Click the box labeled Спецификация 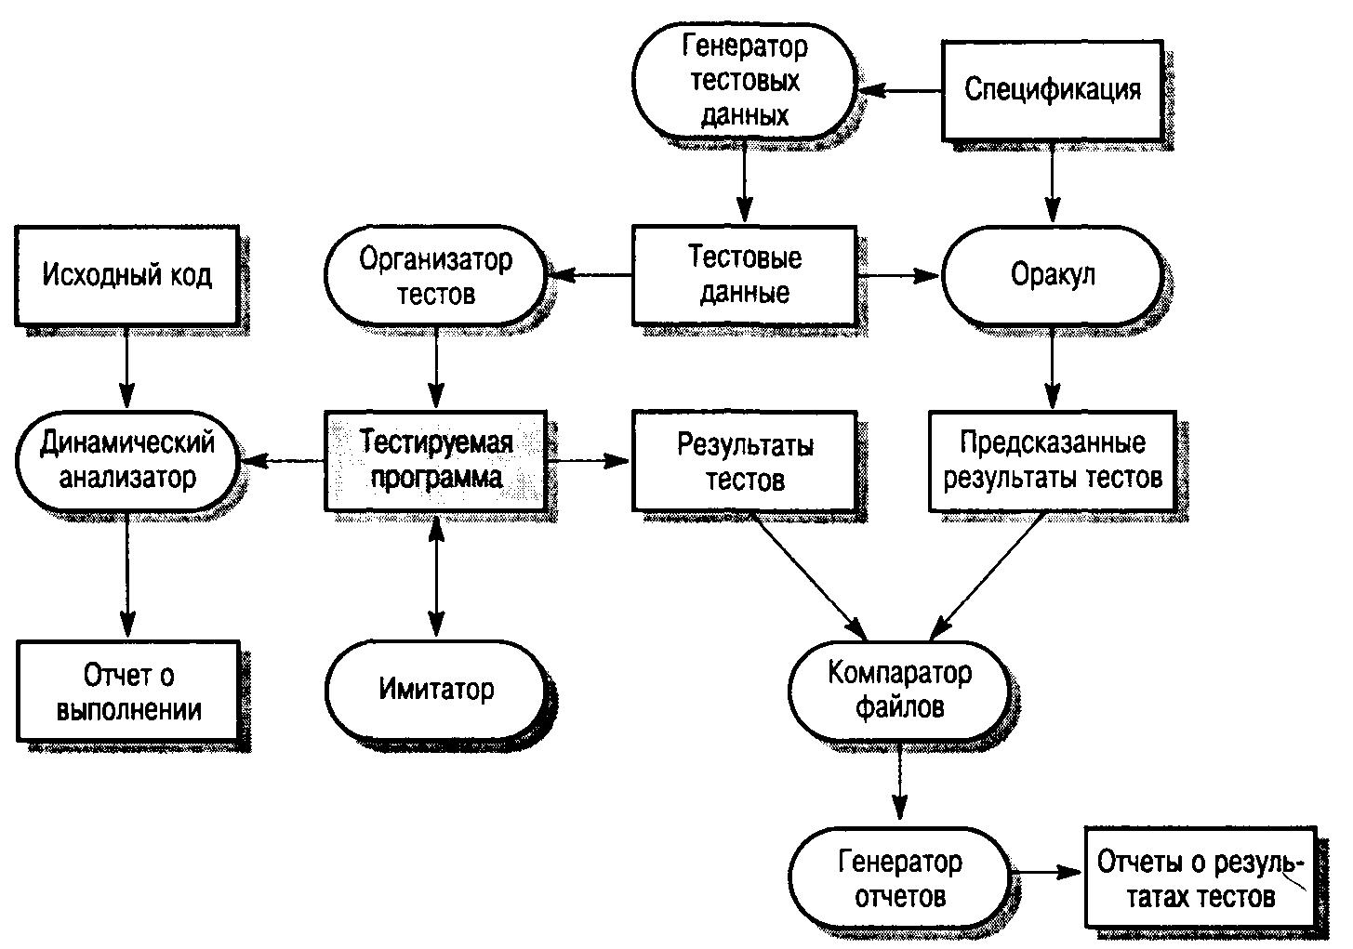(x=1052, y=90)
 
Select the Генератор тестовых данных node (x=743, y=82)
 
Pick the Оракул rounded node (x=1052, y=275)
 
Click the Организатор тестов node (x=435, y=275)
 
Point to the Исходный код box (x=126, y=275)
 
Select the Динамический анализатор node (x=126, y=460)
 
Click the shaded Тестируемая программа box (x=435, y=461)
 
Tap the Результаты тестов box (x=743, y=461)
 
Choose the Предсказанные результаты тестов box (x=1052, y=461)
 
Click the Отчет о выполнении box (x=128, y=692)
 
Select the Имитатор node (x=435, y=690)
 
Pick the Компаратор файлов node (x=898, y=690)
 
